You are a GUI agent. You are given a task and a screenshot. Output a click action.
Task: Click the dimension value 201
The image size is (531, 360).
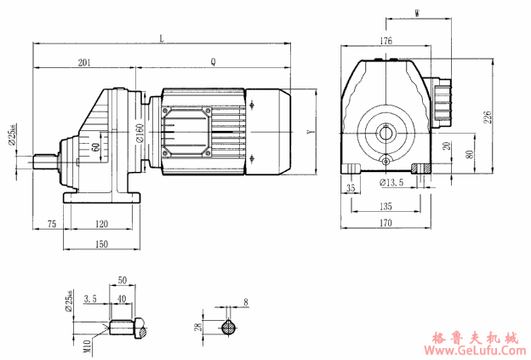pos(84,61)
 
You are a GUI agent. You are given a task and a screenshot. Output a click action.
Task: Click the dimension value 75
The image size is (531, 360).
pos(51,224)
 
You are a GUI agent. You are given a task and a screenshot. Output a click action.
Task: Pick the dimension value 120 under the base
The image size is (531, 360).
pos(101,224)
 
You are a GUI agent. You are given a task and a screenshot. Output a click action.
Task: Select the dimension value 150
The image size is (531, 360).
pos(101,244)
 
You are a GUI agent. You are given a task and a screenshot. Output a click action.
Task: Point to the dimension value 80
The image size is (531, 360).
pos(471,155)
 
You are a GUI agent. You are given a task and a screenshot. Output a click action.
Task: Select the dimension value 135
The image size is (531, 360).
pos(385,205)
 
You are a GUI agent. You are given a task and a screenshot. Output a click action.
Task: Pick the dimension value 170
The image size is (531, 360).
pos(385,225)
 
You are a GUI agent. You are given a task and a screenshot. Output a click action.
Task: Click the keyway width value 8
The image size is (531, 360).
pos(245,301)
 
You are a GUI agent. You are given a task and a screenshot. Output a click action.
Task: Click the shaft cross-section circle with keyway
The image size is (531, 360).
pos(229,327)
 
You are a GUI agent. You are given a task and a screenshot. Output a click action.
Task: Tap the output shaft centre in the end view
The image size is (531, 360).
pos(386,131)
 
